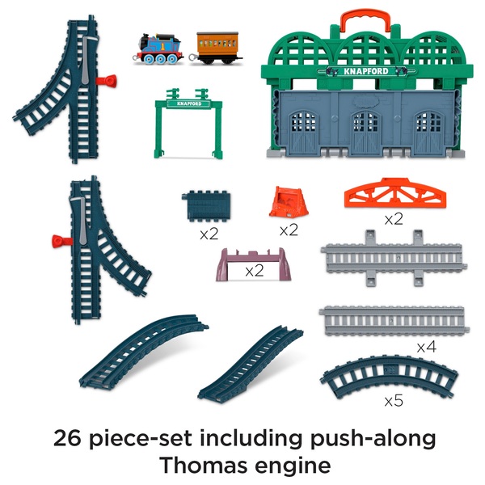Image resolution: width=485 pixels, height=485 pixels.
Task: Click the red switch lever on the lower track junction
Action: tap(58, 239)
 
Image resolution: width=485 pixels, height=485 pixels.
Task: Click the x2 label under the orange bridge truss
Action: tap(394, 218)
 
